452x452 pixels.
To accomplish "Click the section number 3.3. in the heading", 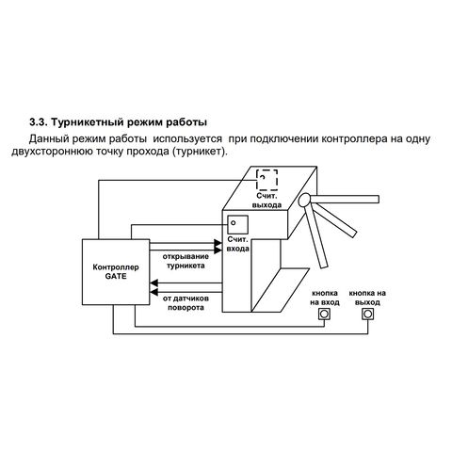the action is pos(38,122).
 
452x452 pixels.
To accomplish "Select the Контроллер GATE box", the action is pos(116,272).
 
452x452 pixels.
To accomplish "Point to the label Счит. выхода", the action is pos(266,201).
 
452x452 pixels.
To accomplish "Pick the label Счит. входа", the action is pos(238,244).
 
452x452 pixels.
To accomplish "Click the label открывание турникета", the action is pos(186,261).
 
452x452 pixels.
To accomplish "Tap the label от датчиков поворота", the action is pos(186,303).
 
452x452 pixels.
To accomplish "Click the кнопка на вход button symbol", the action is pos(325,314).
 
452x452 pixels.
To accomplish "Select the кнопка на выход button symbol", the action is pos(367,314).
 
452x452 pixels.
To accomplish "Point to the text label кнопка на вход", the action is pos(325,298).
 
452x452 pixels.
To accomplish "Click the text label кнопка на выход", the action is pos(367,298).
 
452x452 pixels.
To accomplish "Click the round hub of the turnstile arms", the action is pos(304,200).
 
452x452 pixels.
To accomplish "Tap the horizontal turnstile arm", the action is pos(345,199).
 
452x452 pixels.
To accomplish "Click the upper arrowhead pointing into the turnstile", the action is pos(218,243).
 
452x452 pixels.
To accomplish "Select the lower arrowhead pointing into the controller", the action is pos(153,293).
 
